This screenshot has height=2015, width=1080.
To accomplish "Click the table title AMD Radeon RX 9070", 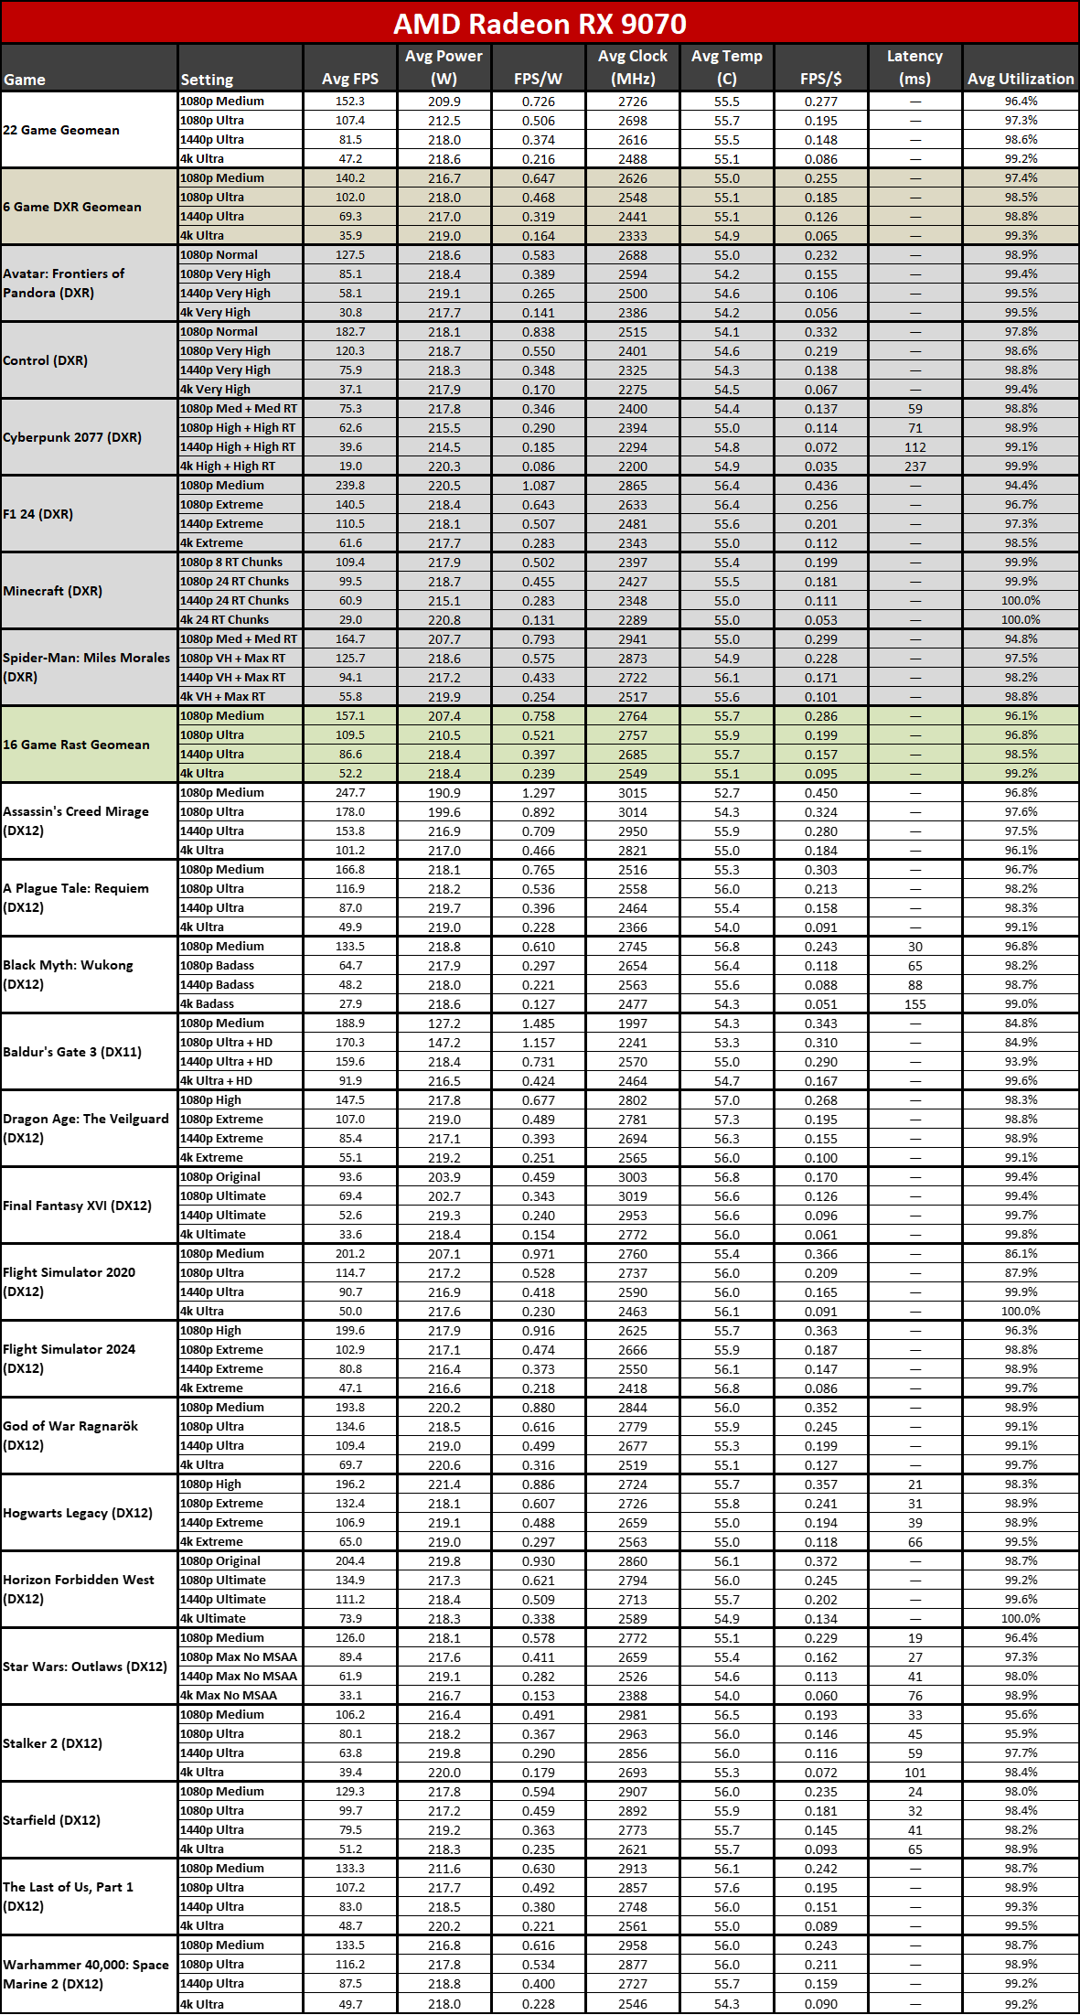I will coord(540,23).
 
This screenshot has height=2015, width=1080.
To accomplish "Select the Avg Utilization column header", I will coord(1021,79).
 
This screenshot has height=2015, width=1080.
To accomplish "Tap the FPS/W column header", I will coord(538,79).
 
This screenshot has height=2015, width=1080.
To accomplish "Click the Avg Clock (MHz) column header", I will coord(632,68).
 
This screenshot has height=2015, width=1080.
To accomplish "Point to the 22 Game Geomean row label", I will coord(61,130).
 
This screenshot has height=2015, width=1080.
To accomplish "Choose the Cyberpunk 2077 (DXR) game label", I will coord(72,437).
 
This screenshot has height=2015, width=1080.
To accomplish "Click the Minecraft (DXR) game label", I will coord(53,591).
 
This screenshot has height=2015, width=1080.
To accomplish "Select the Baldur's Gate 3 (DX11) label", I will coord(72,1052).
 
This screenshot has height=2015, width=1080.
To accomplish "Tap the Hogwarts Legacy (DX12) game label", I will coord(78,1513).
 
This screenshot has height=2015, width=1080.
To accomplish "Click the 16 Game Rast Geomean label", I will coord(76,745).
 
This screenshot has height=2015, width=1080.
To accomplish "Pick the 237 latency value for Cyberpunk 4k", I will coord(914,466).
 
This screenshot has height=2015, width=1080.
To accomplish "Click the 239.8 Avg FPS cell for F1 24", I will coord(349,486).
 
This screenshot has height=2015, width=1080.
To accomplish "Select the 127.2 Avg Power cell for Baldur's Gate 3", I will coord(444,1024).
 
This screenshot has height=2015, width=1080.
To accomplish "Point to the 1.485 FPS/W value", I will coord(538,1024).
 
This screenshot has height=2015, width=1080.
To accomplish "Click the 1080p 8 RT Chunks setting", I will coord(231,563).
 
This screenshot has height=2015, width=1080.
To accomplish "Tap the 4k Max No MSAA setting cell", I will coord(229,1695).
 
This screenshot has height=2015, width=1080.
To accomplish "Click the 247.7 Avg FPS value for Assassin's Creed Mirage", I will coord(349,793).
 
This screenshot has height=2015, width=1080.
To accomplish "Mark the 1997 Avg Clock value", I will coord(632,1024).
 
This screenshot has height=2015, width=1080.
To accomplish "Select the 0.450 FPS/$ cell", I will coord(820,793).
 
